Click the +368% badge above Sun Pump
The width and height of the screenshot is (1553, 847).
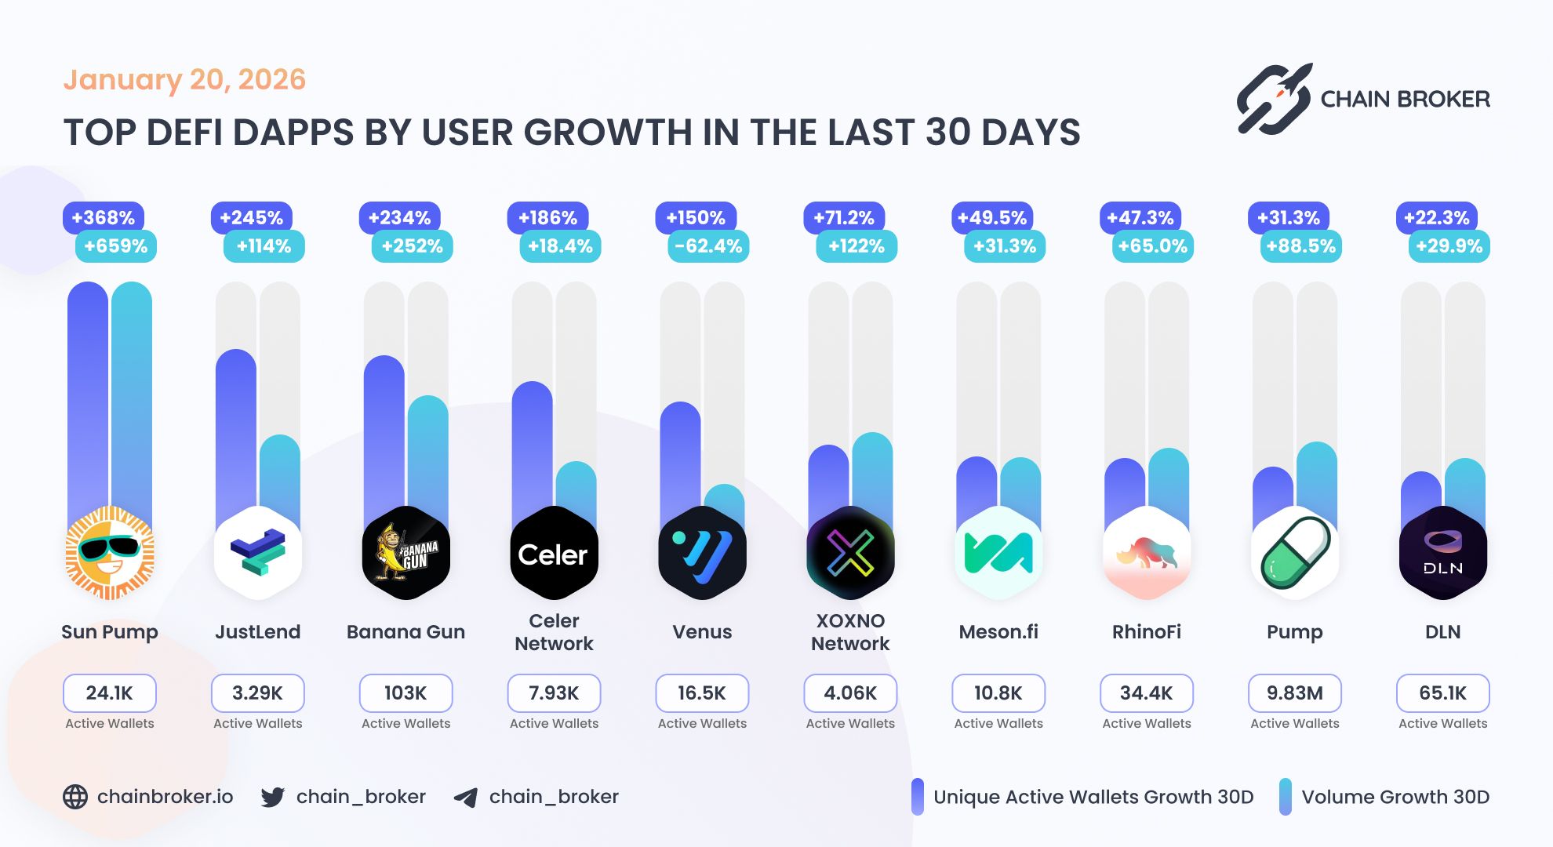104,217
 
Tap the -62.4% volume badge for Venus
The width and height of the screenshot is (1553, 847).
708,246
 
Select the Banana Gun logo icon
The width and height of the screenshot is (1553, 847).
406,554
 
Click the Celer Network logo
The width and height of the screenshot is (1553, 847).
554,554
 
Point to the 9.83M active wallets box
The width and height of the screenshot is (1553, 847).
1294,693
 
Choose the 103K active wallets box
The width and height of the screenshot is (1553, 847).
406,693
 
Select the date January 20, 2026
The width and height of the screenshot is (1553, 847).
184,80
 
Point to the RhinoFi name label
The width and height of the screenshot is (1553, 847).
1146,632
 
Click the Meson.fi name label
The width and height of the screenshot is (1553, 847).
998,632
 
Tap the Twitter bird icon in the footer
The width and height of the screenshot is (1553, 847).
273,797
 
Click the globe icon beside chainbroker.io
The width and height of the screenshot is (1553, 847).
75,797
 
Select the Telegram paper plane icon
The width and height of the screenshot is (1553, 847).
466,798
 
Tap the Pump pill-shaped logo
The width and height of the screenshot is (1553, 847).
1294,554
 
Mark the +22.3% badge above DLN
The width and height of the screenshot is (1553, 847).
1437,217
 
